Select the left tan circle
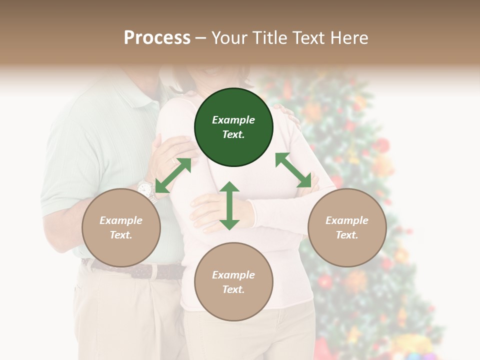point(121,227)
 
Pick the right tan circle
point(347,227)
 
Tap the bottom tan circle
point(233,282)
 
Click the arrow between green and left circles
point(173,175)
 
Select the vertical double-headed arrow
point(229,205)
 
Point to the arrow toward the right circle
point(297,170)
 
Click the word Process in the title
point(157,37)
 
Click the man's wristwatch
point(145,189)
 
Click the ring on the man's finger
point(174,160)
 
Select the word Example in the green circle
point(233,120)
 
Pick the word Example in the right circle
point(347,220)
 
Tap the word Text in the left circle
point(120,235)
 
